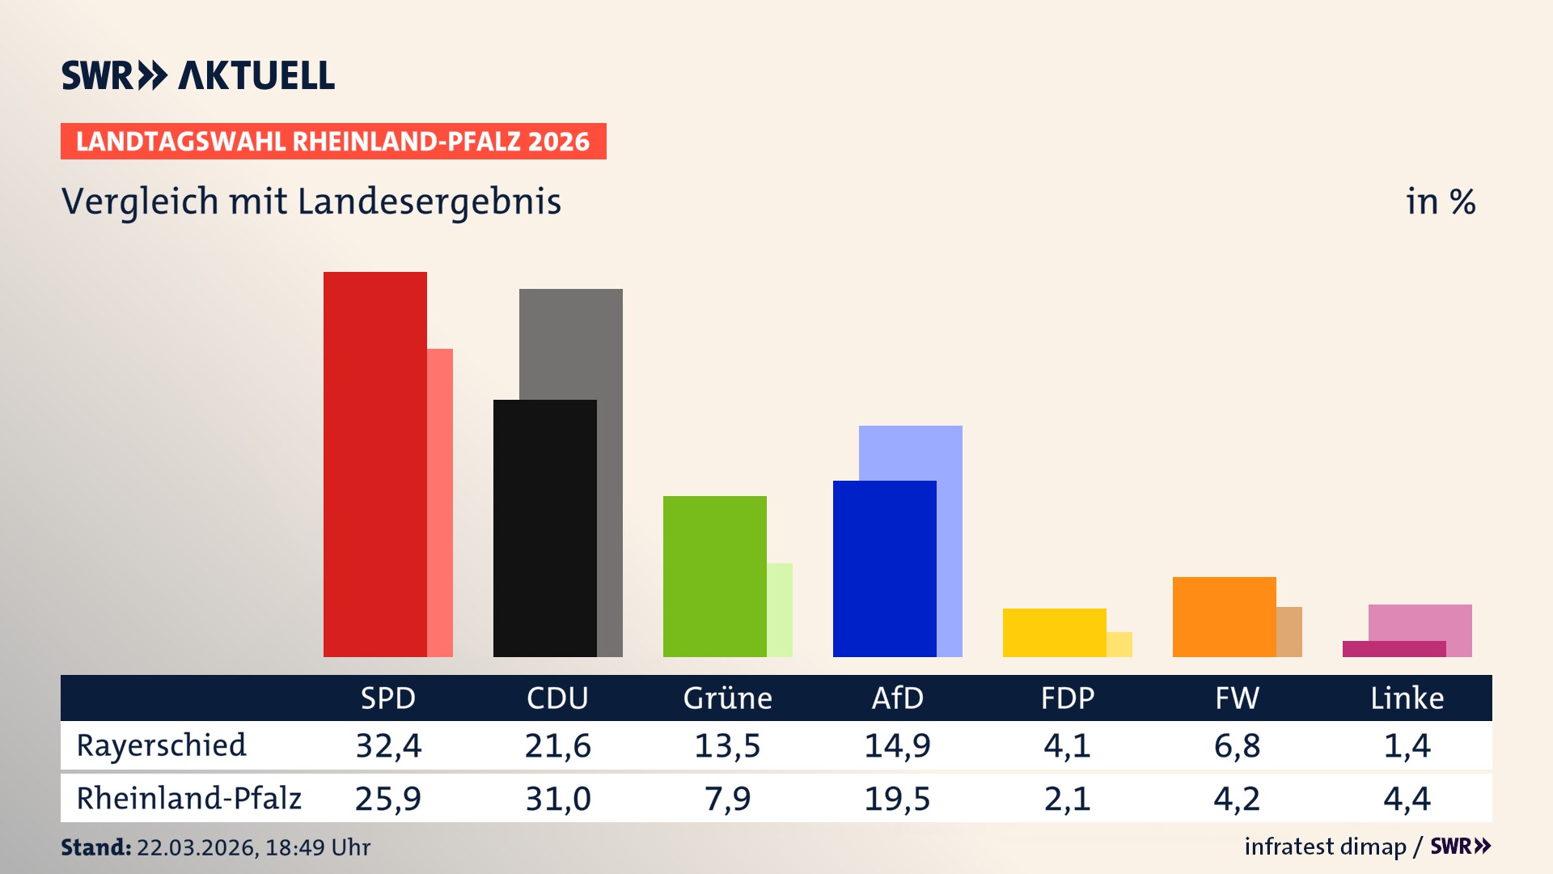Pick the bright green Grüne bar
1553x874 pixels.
coord(714,575)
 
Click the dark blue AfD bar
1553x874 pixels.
coord(884,568)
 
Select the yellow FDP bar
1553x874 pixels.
coord(1054,632)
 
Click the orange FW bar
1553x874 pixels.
coord(1224,616)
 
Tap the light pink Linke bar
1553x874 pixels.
coord(1420,622)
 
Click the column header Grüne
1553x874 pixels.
coord(727,698)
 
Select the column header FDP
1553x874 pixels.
coord(1067,698)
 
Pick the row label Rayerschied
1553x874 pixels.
coord(161,745)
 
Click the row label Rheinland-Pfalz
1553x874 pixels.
coord(188,799)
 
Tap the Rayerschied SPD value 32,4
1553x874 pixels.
coord(388,745)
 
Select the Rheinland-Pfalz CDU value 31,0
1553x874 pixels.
coord(557,799)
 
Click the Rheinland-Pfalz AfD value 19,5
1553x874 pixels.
coord(897,799)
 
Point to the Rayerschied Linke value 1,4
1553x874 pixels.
coord(1407,745)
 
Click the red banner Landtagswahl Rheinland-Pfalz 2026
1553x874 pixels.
coord(333,142)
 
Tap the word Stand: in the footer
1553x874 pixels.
coord(95,847)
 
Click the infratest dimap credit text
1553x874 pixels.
coord(1325,846)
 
